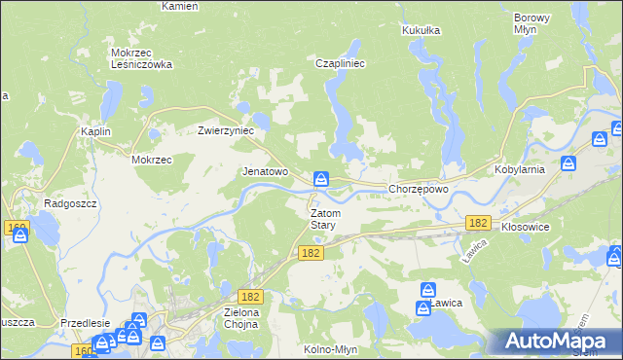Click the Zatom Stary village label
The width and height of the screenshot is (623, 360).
pos(323,218)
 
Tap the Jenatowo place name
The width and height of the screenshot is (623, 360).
pos(265,171)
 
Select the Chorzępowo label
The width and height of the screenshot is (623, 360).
pos(418,189)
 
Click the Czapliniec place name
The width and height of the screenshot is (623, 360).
pos(340,63)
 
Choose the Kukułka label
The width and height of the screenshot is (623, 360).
pos(421,30)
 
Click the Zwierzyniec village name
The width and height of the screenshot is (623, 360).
pos(226,129)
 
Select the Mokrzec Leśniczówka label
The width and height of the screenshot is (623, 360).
pos(142,58)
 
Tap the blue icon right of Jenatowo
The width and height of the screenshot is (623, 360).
pos(321,179)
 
